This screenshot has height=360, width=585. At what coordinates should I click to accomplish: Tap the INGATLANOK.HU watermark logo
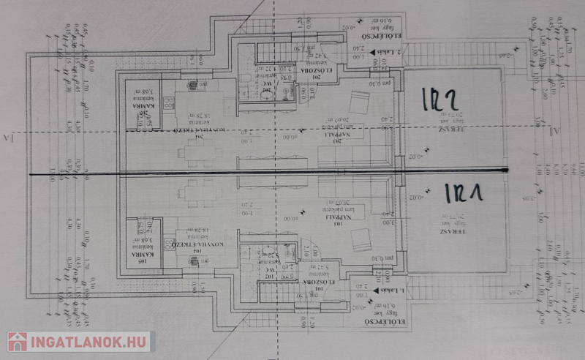click(78, 341)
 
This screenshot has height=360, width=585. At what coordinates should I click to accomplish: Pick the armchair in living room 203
click(359, 102)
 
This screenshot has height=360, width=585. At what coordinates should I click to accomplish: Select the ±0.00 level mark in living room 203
click(291, 136)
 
